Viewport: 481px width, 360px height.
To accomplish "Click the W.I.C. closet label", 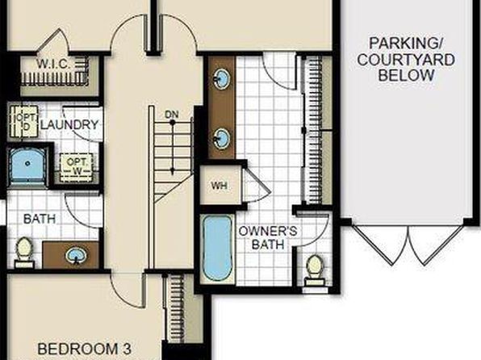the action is (54, 65).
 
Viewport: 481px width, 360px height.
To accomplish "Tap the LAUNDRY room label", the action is (69, 125).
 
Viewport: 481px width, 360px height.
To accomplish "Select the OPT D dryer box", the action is (24, 121).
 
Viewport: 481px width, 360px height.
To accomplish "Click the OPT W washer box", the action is (76, 167).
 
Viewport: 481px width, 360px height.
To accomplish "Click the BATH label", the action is (40, 219).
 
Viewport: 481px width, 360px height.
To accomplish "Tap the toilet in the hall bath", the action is (24, 253).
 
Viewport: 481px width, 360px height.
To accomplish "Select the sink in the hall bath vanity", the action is (76, 256).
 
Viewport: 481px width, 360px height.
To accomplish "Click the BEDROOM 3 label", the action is (85, 349).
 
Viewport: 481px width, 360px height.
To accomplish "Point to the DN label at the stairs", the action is (171, 115).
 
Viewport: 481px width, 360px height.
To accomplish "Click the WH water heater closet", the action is (220, 186).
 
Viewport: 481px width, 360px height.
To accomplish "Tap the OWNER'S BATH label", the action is (268, 238).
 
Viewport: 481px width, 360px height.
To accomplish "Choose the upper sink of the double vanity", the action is (221, 79).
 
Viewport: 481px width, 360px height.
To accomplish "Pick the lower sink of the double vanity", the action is (221, 138).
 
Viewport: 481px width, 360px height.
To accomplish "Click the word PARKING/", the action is (405, 44).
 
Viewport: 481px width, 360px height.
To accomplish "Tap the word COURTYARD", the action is (406, 60).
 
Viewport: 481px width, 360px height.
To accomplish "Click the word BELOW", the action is (406, 76).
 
